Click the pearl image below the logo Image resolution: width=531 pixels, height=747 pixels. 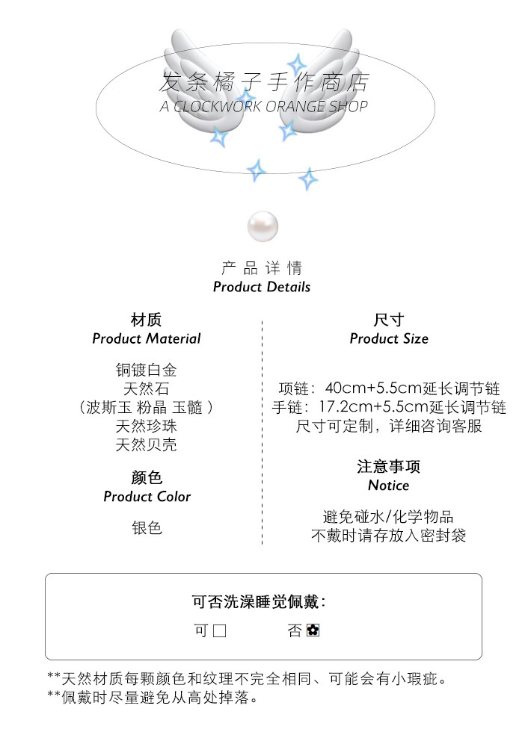pyautogui.click(x=263, y=226)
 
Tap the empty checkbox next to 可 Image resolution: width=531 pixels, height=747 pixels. pyautogui.click(x=219, y=631)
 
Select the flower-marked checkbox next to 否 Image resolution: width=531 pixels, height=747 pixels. pyautogui.click(x=313, y=631)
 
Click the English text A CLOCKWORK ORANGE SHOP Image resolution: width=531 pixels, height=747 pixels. pyautogui.click(x=264, y=106)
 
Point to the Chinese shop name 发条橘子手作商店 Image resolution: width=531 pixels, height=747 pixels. pyautogui.click(x=265, y=81)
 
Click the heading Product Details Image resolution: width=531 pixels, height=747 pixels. pyautogui.click(x=262, y=287)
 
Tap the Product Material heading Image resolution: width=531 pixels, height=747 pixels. pyautogui.click(x=147, y=338)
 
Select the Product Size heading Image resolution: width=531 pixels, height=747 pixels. pyautogui.click(x=389, y=338)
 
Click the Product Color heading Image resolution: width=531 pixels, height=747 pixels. pyautogui.click(x=147, y=497)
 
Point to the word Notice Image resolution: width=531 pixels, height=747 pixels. pyautogui.click(x=389, y=486)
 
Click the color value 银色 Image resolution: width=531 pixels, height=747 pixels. pyautogui.click(x=147, y=528)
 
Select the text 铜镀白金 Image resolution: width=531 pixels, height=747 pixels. pyautogui.click(x=147, y=370)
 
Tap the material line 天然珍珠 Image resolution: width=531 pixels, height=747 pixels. pyautogui.click(x=147, y=427)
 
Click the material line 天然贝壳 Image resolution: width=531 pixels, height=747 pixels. pyautogui.click(x=147, y=445)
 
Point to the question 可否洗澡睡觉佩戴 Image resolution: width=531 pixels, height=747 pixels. pyautogui.click(x=259, y=602)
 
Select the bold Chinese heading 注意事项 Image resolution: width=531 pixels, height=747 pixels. pyautogui.click(x=389, y=467)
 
